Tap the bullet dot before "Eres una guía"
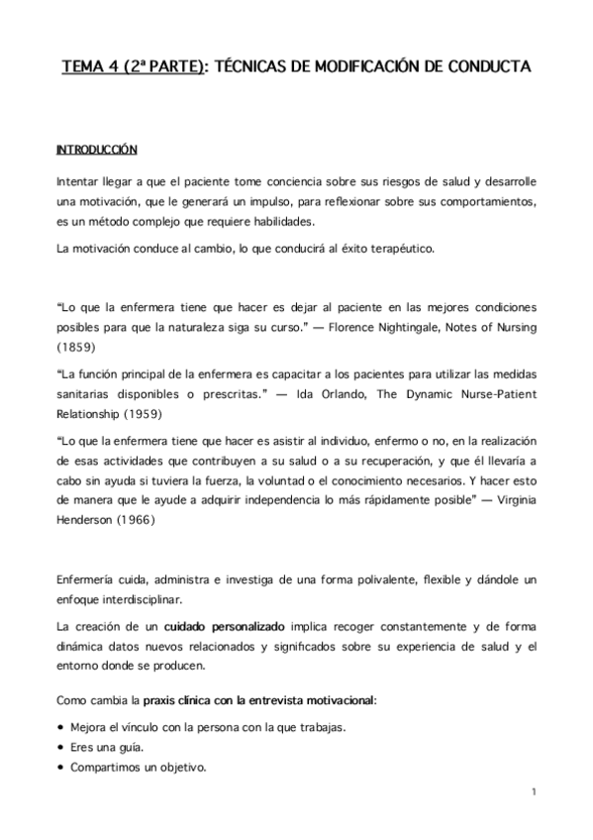coord(60,748)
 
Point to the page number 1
coord(533,791)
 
